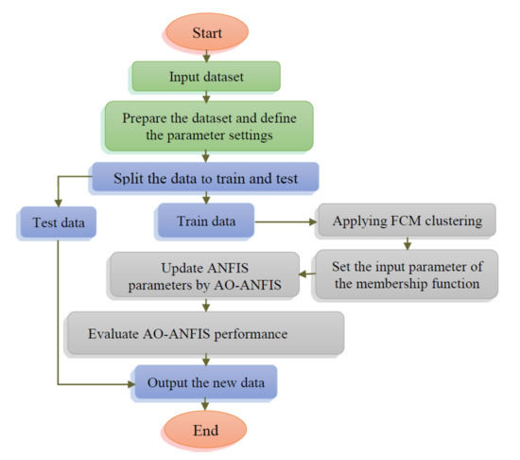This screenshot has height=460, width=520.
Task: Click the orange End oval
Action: pyautogui.click(x=207, y=431)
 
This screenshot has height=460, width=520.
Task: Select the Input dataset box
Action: pyautogui.click(x=207, y=78)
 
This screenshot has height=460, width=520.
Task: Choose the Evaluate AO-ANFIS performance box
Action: pyautogui.click(x=203, y=333)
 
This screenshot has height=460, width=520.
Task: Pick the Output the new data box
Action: pyautogui.click(x=206, y=383)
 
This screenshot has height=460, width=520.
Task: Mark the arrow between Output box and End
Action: pyautogui.click(x=207, y=407)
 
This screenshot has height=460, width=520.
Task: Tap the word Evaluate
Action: pyautogui.click(x=106, y=333)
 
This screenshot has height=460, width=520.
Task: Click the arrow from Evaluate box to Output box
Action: pyautogui.click(x=207, y=360)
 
